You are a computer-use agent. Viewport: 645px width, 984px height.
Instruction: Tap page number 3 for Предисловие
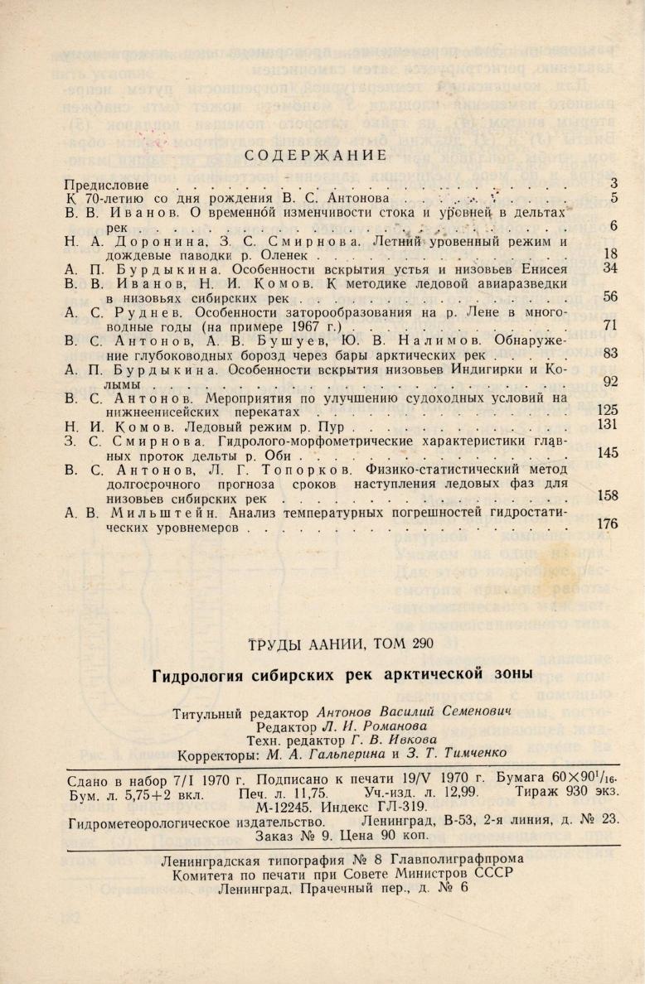tap(613, 183)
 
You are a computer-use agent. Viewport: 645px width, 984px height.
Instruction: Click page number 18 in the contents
tap(610, 254)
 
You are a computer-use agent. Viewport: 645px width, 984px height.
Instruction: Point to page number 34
tap(610, 268)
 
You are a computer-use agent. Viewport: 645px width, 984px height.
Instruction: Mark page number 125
tap(608, 410)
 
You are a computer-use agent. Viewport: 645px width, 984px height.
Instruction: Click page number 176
tap(608, 524)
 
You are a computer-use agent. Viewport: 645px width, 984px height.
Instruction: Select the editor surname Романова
tap(358, 726)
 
